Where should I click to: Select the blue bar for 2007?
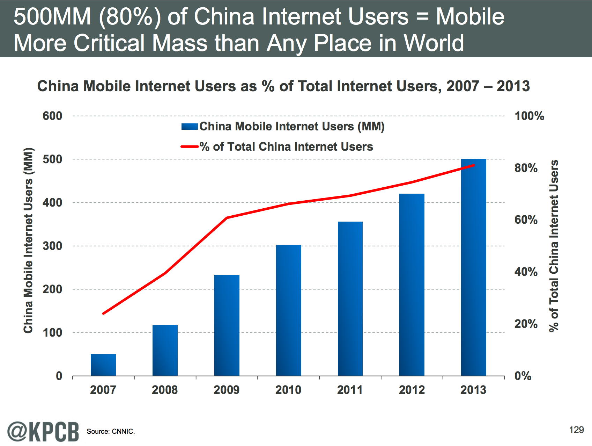(103, 365)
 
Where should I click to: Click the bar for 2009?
(227, 325)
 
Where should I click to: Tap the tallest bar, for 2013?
(474, 267)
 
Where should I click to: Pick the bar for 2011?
(350, 299)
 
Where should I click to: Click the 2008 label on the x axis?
(165, 390)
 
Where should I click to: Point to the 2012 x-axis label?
(412, 390)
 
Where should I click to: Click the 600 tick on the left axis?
(52, 116)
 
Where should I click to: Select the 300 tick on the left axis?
(52, 246)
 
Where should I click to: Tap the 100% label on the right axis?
(529, 116)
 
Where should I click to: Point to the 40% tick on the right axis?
(526, 272)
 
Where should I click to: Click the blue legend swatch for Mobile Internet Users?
(190, 127)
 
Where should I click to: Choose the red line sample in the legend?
(190, 147)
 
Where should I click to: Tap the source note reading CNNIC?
(111, 432)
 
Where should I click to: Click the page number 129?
(576, 430)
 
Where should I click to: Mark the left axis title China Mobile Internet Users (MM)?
(28, 240)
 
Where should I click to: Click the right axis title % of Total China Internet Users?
(554, 246)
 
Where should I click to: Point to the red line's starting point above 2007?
(103, 314)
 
